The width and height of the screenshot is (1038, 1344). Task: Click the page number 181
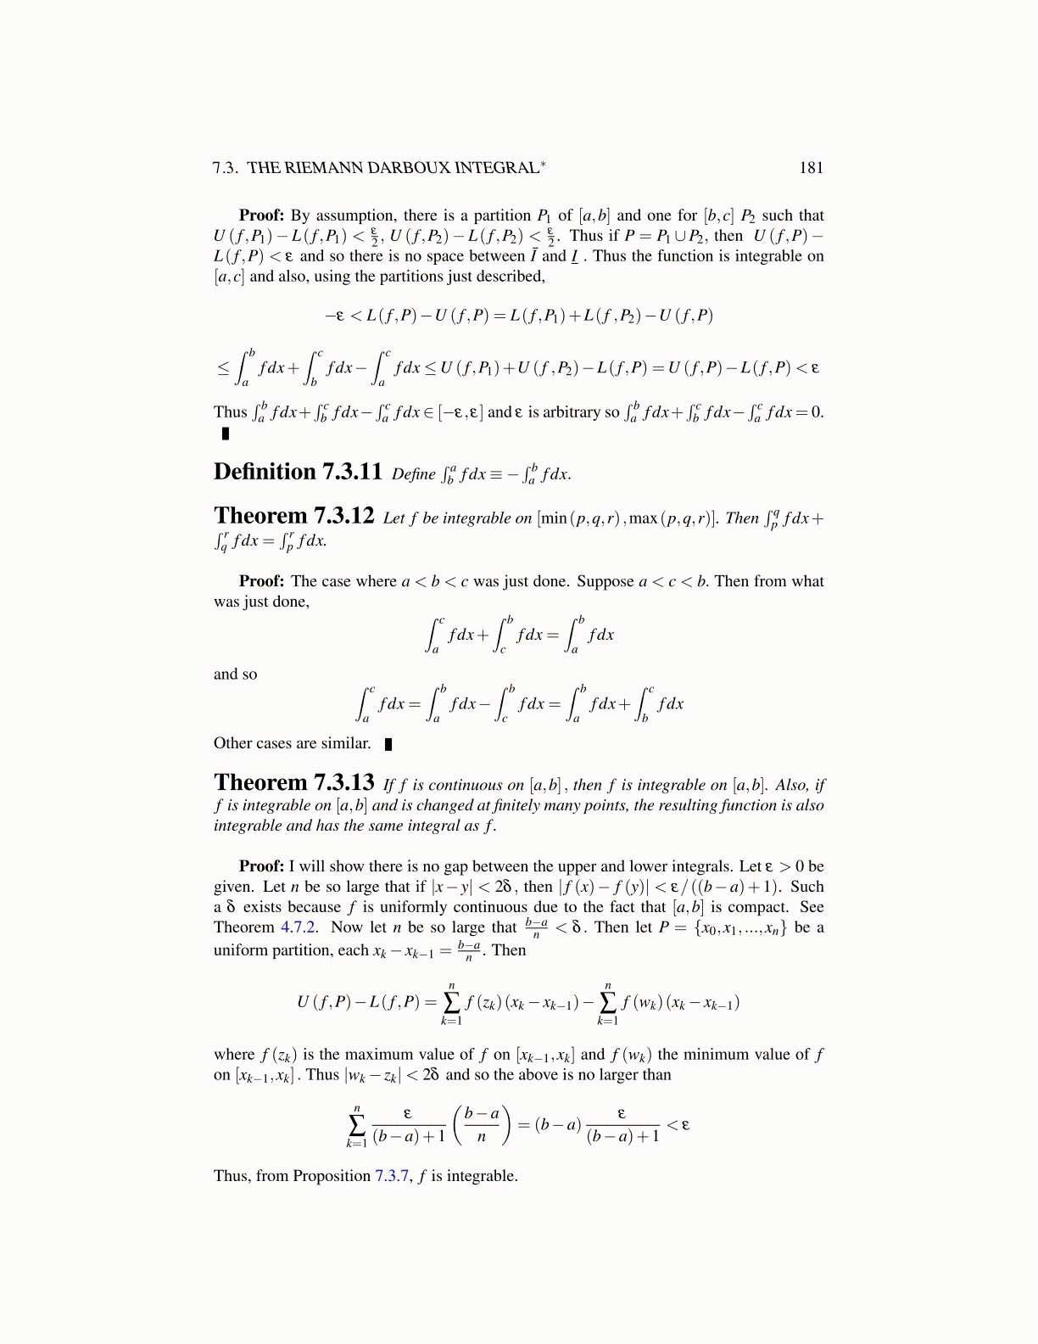click(x=811, y=167)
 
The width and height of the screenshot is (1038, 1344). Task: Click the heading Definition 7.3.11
click(x=298, y=472)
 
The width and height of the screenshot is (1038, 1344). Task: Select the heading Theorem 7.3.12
click(x=293, y=516)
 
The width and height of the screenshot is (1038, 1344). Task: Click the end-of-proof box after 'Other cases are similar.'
click(x=388, y=744)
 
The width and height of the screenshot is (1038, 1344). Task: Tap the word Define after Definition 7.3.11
click(x=414, y=474)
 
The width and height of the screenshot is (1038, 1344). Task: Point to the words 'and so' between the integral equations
click(x=235, y=675)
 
